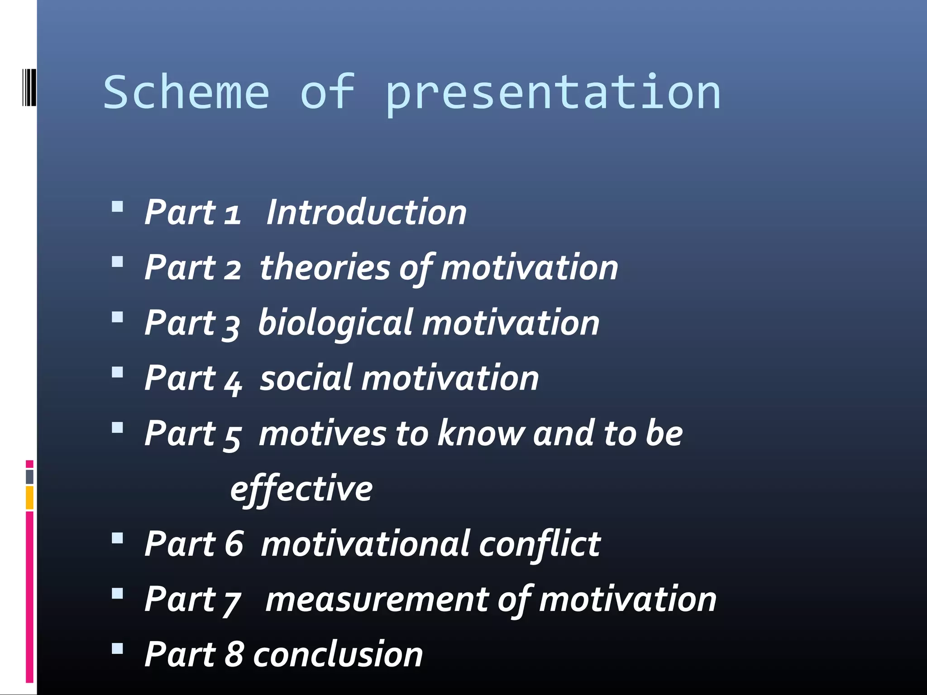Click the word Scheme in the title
tap(186, 92)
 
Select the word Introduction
tap(366, 212)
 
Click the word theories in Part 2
tap(325, 267)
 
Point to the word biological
tap(335, 323)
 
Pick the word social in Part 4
tap(306, 378)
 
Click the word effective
tap(301, 489)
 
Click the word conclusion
tap(338, 655)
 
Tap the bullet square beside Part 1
tap(117, 207)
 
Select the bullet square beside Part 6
tap(117, 538)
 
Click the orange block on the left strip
tap(29, 497)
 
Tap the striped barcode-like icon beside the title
tap(29, 87)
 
